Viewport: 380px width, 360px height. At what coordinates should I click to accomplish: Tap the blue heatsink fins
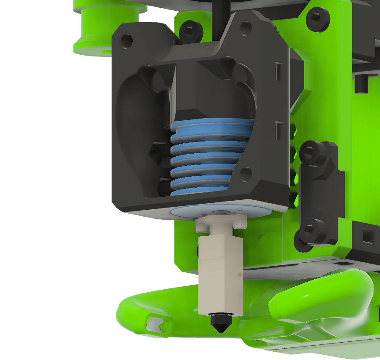(211, 156)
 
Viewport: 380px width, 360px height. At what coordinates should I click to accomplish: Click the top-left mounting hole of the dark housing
(127, 41)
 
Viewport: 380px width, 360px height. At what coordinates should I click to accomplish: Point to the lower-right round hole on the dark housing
(245, 174)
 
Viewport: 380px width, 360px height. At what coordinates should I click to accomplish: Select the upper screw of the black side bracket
(311, 152)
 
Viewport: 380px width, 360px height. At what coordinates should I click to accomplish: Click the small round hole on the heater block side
(240, 275)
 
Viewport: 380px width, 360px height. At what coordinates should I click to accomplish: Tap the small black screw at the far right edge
(361, 83)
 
